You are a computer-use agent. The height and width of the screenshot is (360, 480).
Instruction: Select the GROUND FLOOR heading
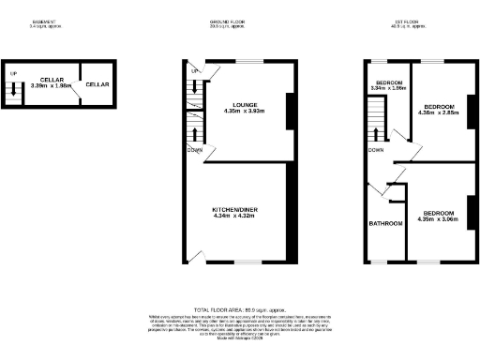[229, 22]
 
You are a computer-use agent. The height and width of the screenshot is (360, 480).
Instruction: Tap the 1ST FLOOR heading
[405, 22]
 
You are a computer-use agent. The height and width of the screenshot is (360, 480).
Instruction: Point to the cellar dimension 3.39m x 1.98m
[52, 85]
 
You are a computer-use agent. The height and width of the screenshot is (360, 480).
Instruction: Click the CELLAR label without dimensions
[97, 84]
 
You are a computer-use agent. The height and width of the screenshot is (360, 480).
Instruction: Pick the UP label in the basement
[13, 73]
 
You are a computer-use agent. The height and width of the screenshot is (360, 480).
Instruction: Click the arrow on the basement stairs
[13, 90]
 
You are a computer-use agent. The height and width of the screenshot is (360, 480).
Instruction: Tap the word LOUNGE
[239, 104]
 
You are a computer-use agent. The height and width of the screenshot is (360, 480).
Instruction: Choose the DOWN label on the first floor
[376, 149]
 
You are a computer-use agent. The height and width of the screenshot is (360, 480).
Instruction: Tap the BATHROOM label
[385, 223]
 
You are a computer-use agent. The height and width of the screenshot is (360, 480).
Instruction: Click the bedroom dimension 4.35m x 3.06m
[437, 205]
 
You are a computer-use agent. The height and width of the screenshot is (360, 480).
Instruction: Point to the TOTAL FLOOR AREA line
[239, 308]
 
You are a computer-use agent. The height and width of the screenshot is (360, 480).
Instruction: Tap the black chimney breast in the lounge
[291, 111]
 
